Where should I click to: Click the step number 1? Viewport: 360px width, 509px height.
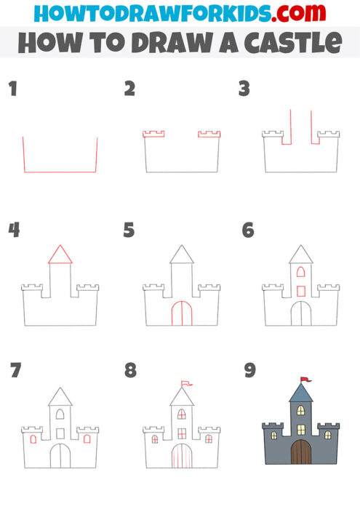click(12, 89)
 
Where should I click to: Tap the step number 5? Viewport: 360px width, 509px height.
click(129, 231)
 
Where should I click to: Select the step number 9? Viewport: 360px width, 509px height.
click(250, 371)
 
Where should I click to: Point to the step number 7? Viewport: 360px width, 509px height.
click(15, 371)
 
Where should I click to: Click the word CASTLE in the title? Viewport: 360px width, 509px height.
click(291, 43)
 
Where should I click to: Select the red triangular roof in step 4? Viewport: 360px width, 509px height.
click(60, 254)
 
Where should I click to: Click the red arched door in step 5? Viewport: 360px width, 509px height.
click(181, 313)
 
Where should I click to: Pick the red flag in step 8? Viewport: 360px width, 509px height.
click(186, 382)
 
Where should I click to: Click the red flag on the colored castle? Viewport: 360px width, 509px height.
click(305, 379)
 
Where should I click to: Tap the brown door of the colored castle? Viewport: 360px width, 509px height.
click(300, 452)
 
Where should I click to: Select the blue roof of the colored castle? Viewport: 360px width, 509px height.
click(300, 393)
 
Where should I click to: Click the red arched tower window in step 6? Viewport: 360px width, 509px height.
click(300, 272)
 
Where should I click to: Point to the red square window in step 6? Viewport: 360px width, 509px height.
click(300, 291)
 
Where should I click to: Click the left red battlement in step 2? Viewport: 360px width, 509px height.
click(153, 134)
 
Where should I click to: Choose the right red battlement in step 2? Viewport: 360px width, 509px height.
click(209, 134)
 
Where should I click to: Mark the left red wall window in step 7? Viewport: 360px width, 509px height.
click(33, 438)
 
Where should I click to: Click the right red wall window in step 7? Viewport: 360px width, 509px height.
click(87, 438)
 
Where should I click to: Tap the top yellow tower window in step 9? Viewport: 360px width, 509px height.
click(300, 411)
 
